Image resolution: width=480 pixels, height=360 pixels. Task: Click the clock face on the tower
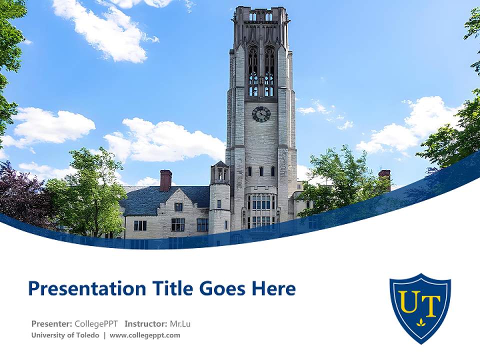(x=261, y=114)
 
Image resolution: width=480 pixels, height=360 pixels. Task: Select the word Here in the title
(x=273, y=289)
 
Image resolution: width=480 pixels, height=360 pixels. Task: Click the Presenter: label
(x=52, y=323)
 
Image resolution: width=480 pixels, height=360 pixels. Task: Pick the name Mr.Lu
(x=180, y=323)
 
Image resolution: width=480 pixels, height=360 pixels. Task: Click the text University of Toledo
(x=65, y=335)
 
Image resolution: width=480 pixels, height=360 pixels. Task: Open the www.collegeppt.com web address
(x=145, y=335)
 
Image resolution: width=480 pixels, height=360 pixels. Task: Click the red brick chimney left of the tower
(x=165, y=180)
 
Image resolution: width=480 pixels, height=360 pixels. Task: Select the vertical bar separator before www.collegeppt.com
(x=104, y=335)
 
